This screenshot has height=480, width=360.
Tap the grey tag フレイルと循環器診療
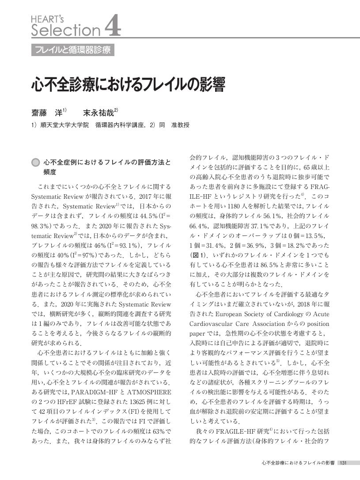[73, 50]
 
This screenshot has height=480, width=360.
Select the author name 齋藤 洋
[48, 112]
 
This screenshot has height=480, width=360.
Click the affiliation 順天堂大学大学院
[64, 125]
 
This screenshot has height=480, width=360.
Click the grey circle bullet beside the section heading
[35, 163]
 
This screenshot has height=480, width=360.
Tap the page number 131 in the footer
[343, 463]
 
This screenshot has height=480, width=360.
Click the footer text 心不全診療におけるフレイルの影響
[298, 463]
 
